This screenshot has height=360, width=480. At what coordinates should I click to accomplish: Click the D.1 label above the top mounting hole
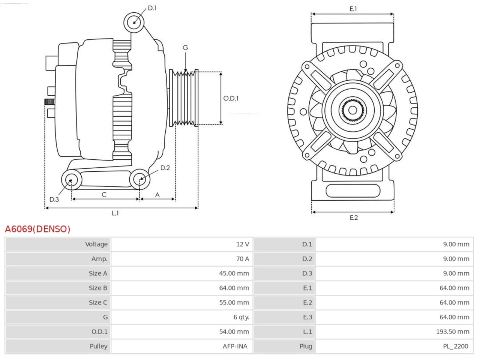click(152, 8)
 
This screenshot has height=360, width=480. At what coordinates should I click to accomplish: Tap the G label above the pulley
click(185, 47)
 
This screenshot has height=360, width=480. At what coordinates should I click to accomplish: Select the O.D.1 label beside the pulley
click(231, 98)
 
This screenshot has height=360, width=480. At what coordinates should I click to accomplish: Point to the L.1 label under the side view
click(115, 213)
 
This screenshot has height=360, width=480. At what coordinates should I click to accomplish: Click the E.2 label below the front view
click(354, 217)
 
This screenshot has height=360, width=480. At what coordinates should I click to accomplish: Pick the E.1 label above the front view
click(353, 9)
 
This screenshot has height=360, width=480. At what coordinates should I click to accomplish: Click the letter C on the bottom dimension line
click(104, 195)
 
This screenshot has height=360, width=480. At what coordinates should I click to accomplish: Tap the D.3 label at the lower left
click(54, 199)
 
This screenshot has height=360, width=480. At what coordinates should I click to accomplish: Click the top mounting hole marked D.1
click(134, 22)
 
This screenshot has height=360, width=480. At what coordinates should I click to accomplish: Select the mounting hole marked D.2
click(140, 179)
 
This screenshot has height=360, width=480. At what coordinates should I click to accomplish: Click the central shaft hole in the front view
click(352, 110)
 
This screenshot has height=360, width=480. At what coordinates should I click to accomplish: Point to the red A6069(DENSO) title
click(37, 229)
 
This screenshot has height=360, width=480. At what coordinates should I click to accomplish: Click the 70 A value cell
click(243, 259)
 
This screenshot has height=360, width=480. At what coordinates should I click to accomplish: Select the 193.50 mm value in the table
click(453, 331)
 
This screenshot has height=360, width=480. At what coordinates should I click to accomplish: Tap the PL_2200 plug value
click(456, 346)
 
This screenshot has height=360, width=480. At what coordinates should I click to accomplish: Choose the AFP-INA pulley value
click(235, 346)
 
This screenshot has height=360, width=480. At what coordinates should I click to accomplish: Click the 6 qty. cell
click(241, 317)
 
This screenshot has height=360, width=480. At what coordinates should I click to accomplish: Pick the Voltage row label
click(96, 244)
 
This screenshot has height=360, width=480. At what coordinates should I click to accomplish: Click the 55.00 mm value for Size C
click(234, 303)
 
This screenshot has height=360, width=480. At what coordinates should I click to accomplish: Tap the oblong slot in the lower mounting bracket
click(353, 190)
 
